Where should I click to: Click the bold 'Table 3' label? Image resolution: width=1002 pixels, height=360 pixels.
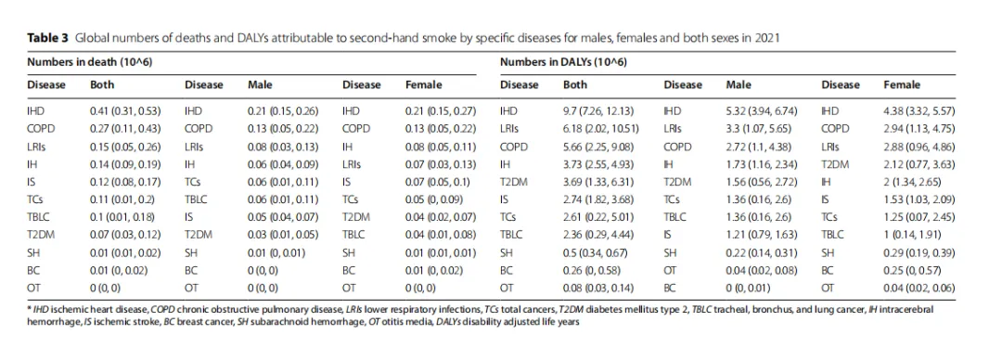point(48,37)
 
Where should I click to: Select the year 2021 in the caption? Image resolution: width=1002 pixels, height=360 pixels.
point(766,37)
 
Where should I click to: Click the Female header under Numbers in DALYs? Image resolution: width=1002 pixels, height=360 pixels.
point(902,84)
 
